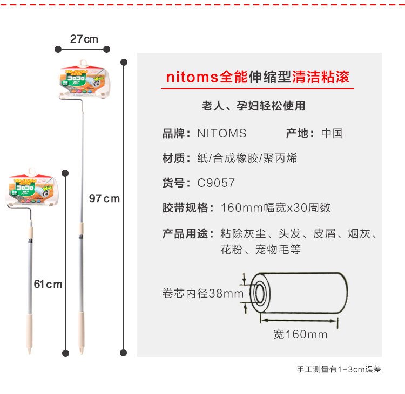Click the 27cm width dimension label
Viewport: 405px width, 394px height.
(x=84, y=39)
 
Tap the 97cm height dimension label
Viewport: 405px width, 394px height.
(x=104, y=198)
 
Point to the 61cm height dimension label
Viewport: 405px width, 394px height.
(x=48, y=284)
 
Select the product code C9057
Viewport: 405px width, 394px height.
(x=215, y=183)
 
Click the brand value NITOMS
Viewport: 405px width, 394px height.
(x=221, y=133)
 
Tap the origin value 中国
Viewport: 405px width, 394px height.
(x=332, y=133)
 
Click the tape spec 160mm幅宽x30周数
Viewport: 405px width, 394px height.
(x=275, y=208)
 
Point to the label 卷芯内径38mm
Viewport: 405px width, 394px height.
(x=203, y=294)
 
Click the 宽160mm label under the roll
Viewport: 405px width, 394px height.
(x=300, y=334)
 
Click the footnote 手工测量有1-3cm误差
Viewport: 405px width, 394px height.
(x=339, y=370)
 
